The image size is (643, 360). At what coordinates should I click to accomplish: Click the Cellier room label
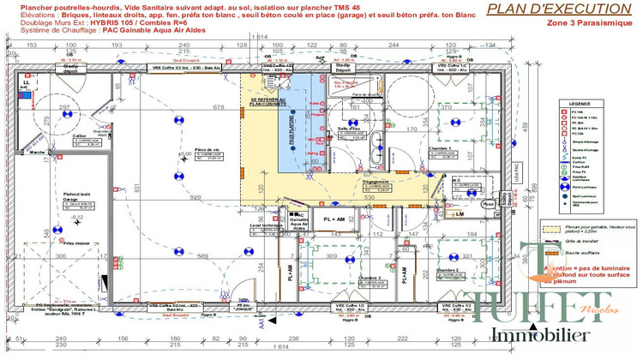pos(80,135)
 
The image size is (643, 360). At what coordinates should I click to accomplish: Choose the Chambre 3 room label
pos(370,278)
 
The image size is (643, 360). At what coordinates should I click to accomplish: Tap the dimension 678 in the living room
pos(195,107)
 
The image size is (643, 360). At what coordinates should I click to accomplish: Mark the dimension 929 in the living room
pos(195,198)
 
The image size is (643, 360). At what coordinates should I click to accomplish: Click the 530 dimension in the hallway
pos(368,198)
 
